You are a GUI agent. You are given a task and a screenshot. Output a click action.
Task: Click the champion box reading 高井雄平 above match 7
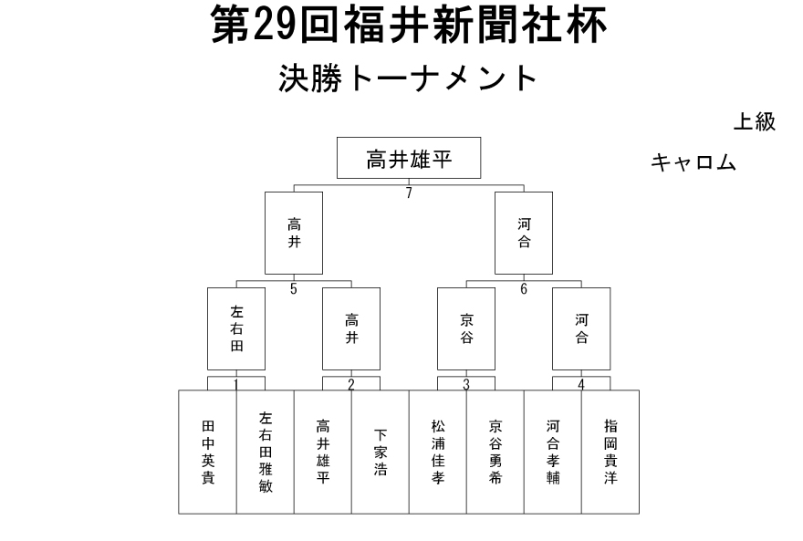pos(409,158)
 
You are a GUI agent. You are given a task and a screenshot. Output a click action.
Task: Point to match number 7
pos(409,193)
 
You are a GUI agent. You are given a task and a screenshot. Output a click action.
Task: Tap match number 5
pos(294,289)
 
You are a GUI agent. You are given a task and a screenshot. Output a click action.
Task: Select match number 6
pos(524,289)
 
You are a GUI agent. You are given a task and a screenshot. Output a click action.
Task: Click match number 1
pos(236,384)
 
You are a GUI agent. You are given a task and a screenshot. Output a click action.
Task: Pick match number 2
pos(350,384)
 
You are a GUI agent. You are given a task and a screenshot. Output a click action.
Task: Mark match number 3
pos(466,384)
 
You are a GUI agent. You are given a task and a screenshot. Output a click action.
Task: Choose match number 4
pos(580,384)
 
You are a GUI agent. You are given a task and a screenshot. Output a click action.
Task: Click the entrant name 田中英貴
pos(208,452)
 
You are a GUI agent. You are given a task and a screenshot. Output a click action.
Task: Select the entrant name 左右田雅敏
pos(266,452)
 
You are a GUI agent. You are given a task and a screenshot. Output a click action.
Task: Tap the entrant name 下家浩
pos(380,452)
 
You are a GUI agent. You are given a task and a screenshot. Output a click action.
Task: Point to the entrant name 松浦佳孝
pos(438,452)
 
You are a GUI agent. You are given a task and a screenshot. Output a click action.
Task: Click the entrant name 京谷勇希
pos(495,452)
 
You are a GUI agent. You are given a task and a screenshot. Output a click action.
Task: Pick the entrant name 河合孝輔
pos(553,452)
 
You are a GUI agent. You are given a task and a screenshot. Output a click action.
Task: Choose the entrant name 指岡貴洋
pos(610,452)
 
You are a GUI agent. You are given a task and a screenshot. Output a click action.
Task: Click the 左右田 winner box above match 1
pos(236,328)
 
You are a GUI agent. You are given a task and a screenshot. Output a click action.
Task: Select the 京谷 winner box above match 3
pos(466,328)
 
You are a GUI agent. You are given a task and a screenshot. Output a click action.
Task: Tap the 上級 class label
pos(755,122)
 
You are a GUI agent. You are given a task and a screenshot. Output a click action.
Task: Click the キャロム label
pos(693,162)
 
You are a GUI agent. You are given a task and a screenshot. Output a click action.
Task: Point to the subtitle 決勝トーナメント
pos(408,78)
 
